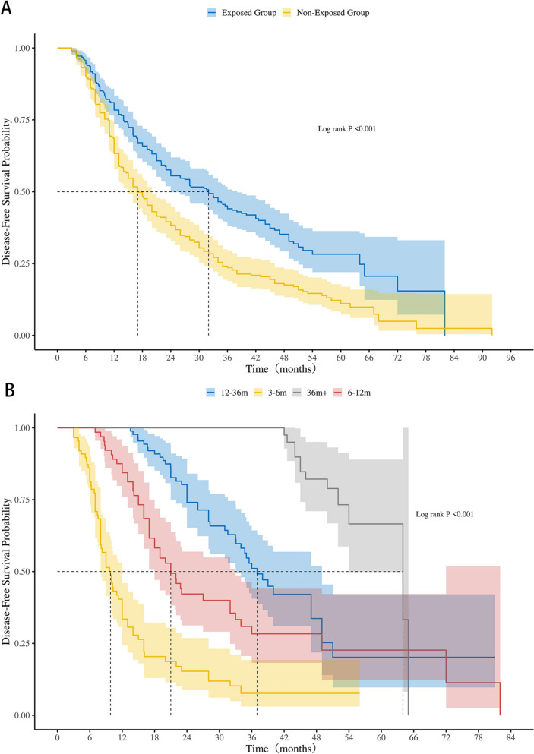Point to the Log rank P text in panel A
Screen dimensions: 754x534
(x=347, y=129)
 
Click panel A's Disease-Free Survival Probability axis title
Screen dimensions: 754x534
(x=7, y=191)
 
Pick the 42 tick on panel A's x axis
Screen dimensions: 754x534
(x=256, y=356)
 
